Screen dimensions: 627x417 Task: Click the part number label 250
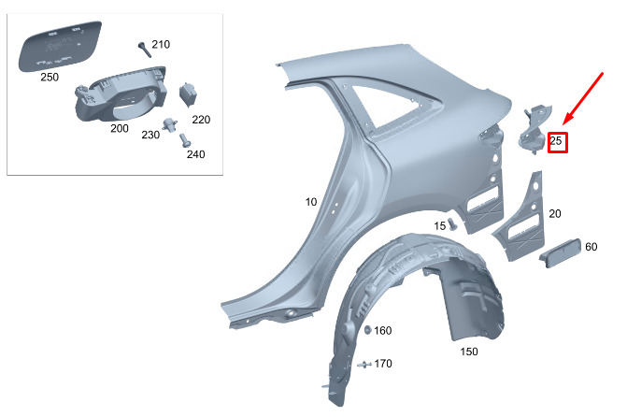50,77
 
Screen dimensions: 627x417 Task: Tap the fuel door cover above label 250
60,46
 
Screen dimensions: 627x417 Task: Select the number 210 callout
161,44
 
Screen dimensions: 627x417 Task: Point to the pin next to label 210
144,50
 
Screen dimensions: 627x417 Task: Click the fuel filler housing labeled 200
120,94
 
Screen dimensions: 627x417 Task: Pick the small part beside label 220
188,94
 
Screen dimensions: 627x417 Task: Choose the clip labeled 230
169,124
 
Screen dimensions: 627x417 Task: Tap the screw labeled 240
185,139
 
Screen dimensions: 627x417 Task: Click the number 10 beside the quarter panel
311,202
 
